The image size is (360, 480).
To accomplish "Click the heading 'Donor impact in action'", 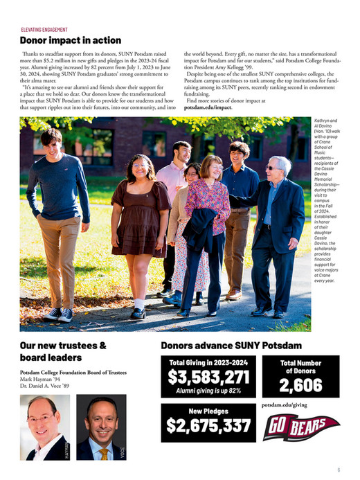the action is point(70,41).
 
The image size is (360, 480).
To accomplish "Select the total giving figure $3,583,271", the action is point(208,377).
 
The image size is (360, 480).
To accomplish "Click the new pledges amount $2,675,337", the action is point(208,426).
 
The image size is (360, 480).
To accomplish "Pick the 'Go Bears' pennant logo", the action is point(300,427).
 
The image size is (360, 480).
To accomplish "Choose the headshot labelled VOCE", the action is point(102,427).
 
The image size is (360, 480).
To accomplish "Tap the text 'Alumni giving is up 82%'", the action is point(208,391).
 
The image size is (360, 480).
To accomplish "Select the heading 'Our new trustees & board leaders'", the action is point(62,351).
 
